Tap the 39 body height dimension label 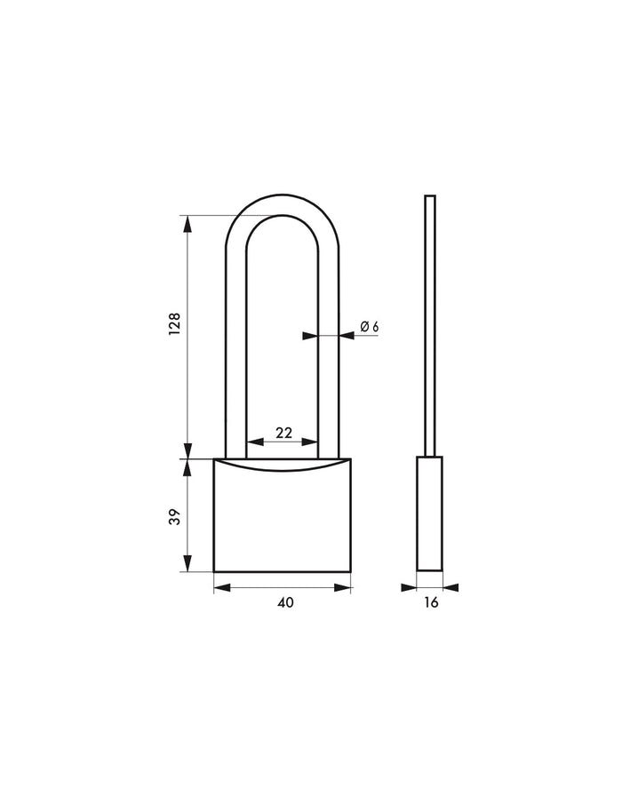pyautogui.click(x=175, y=516)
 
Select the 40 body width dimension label pyautogui.click(x=284, y=602)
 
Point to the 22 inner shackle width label pyautogui.click(x=283, y=433)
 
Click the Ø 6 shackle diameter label pyautogui.click(x=369, y=327)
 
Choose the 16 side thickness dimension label pyautogui.click(x=431, y=602)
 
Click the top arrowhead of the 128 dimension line pyautogui.click(x=187, y=224)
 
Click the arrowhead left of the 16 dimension pyautogui.click(x=410, y=586)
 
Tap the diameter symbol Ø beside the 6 pyautogui.click(x=364, y=327)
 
